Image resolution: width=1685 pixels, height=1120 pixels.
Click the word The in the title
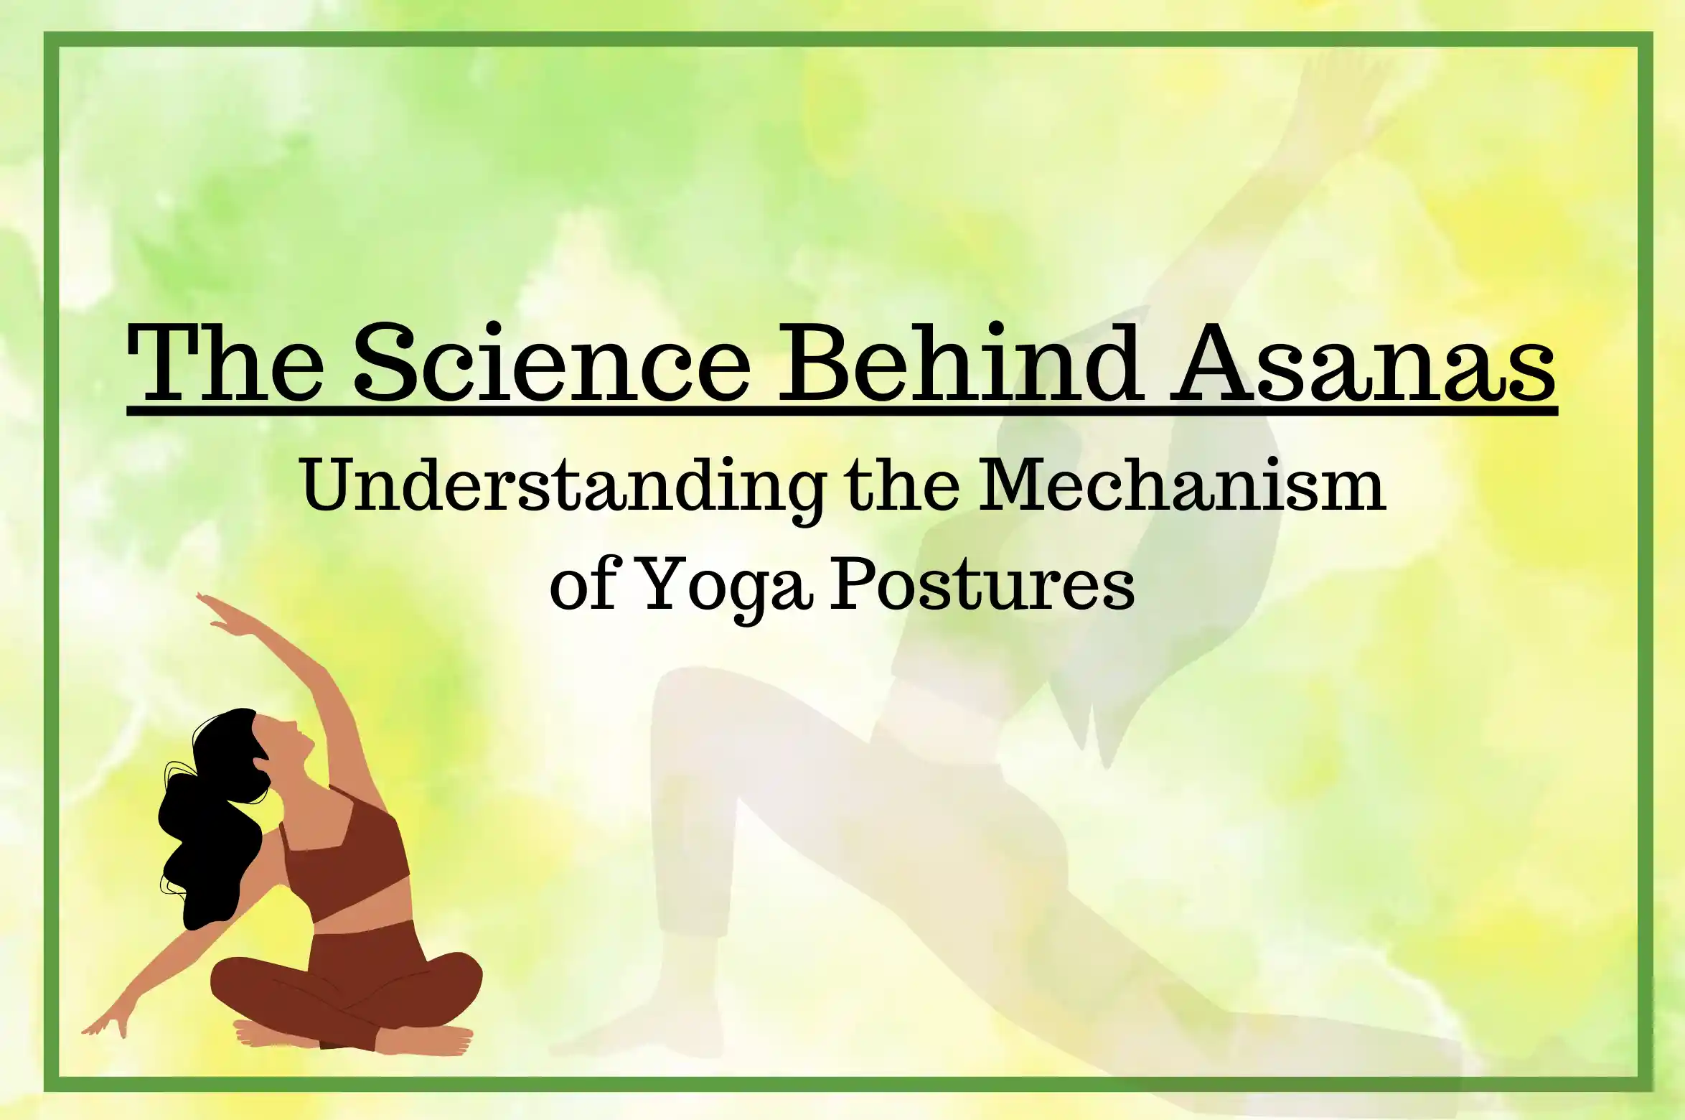pyautogui.click(x=225, y=362)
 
